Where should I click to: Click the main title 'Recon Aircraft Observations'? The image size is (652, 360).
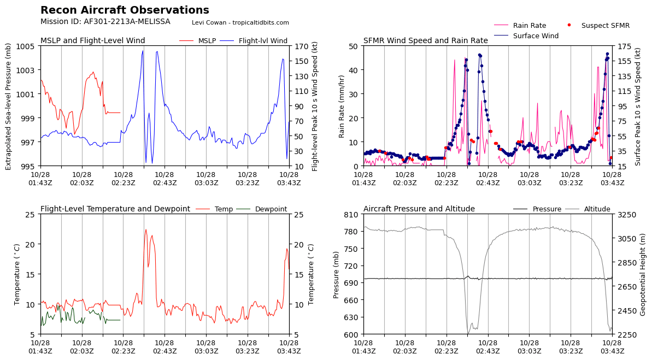point(125,10)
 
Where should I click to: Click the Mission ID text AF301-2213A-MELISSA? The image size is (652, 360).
point(105,22)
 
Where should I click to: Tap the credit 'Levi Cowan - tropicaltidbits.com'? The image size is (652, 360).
point(240,23)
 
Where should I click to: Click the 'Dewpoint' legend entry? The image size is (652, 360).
point(271,209)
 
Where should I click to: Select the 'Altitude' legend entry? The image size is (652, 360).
point(597,209)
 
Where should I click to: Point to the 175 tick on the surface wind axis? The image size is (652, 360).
point(624,46)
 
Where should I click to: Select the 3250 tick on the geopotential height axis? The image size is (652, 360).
point(626,215)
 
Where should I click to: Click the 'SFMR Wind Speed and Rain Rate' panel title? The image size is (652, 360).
point(425,41)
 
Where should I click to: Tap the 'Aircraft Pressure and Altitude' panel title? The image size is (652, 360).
point(419,209)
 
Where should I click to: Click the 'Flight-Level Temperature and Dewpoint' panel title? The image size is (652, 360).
point(115,209)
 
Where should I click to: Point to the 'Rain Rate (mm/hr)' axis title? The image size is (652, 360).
point(342,106)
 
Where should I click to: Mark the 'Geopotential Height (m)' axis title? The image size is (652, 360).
point(643,274)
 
